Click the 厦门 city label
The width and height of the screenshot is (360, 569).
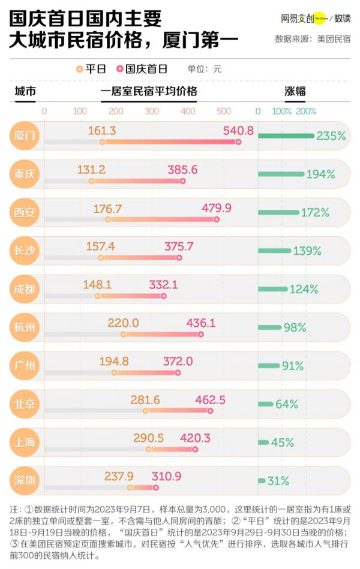pyautogui.click(x=25, y=136)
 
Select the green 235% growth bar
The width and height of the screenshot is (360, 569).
pyautogui.click(x=286, y=136)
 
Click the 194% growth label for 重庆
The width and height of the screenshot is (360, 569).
pyautogui.click(x=320, y=174)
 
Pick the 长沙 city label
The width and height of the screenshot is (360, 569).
pyautogui.click(x=25, y=251)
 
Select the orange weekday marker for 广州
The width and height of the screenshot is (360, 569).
pyautogui.click(x=115, y=373)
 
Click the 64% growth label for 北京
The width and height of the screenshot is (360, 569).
pyautogui.click(x=287, y=404)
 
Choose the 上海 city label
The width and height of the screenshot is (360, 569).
pyautogui.click(x=25, y=442)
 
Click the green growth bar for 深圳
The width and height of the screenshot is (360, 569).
pyautogui.click(x=262, y=481)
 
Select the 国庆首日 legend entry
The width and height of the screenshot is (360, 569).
pyautogui.click(x=143, y=69)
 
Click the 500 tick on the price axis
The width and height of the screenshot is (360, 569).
pyautogui.click(x=224, y=112)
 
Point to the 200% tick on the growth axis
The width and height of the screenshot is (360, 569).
pyautogui.click(x=306, y=112)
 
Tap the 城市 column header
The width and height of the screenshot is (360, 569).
pyautogui.click(x=25, y=92)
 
